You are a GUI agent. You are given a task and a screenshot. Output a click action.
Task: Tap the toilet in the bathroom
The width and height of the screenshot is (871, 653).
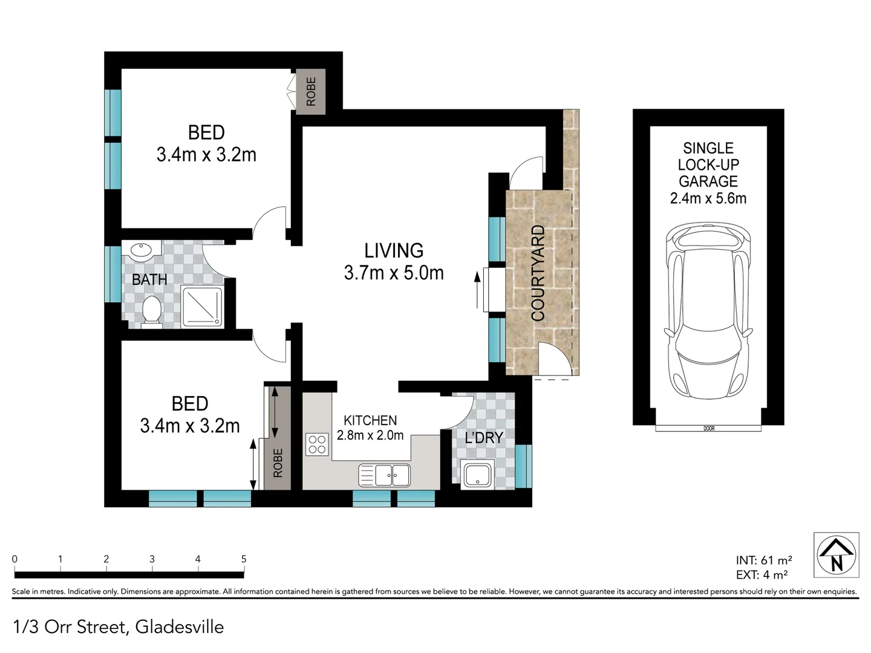pyautogui.click(x=151, y=311)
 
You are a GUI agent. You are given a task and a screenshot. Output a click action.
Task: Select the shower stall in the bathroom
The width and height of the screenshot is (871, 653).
pyautogui.click(x=203, y=307)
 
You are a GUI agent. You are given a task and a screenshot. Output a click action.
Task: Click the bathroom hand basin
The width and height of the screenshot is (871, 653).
pyautogui.click(x=141, y=251)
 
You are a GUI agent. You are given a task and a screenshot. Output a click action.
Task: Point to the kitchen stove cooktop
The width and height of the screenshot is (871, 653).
pyautogui.click(x=317, y=444)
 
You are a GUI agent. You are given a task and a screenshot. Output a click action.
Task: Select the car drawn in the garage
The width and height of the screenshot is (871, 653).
pyautogui.click(x=708, y=314)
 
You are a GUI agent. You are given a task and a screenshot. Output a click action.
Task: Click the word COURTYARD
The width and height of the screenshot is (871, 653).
pyautogui.click(x=538, y=273)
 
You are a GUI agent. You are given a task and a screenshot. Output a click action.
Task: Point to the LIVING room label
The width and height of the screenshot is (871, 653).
pyautogui.click(x=394, y=250)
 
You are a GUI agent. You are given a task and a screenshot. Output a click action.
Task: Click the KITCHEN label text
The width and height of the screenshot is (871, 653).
pyautogui.click(x=370, y=420)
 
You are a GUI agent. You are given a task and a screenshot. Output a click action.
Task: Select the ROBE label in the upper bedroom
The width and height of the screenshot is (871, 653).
pyautogui.click(x=311, y=91)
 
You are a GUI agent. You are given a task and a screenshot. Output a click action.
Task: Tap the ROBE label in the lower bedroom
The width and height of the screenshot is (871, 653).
pyautogui.click(x=278, y=463)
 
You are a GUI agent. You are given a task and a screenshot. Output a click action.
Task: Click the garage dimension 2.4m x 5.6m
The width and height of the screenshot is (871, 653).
pyautogui.click(x=708, y=198)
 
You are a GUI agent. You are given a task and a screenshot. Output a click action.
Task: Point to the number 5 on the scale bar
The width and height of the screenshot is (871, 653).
pyautogui.click(x=244, y=559)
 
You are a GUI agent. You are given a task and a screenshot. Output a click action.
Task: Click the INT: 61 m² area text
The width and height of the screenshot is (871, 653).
pyautogui.click(x=763, y=560)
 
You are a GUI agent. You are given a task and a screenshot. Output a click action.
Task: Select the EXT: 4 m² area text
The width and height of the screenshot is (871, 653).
pyautogui.click(x=762, y=575)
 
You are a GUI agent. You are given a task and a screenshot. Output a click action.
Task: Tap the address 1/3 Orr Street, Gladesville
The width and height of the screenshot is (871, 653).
pyautogui.click(x=119, y=627)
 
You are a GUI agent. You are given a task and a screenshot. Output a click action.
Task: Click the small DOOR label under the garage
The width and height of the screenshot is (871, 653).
pyautogui.click(x=709, y=429)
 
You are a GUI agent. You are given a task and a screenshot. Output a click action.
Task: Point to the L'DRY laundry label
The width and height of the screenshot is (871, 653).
pyautogui.click(x=484, y=437)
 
